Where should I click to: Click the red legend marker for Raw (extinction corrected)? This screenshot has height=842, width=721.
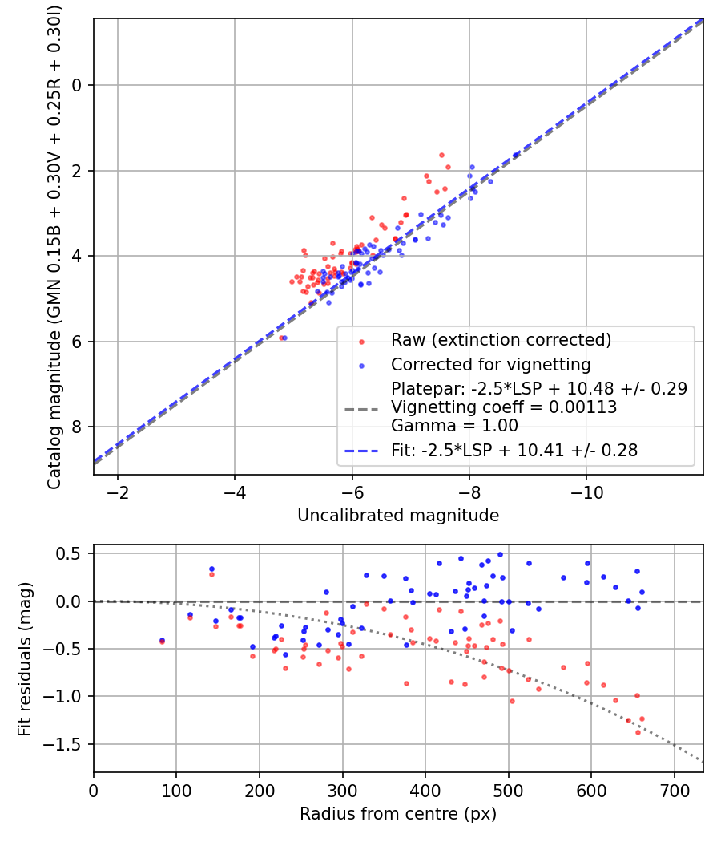[361, 341]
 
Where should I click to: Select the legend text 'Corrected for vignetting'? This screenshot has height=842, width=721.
[490, 365]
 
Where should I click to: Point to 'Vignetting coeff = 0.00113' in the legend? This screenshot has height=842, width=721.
[504, 407]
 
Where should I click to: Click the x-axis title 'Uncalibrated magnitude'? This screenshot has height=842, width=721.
[398, 516]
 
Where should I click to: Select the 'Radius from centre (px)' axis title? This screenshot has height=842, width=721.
[398, 815]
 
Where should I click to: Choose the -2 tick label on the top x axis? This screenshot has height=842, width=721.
[118, 490]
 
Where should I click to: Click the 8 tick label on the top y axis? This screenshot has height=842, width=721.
[78, 427]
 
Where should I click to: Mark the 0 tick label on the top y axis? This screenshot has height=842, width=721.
[78, 85]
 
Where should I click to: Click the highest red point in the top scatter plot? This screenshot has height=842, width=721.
[441, 155]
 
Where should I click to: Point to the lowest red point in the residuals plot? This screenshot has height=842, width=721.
[638, 732]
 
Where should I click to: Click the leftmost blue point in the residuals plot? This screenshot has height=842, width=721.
[162, 640]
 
